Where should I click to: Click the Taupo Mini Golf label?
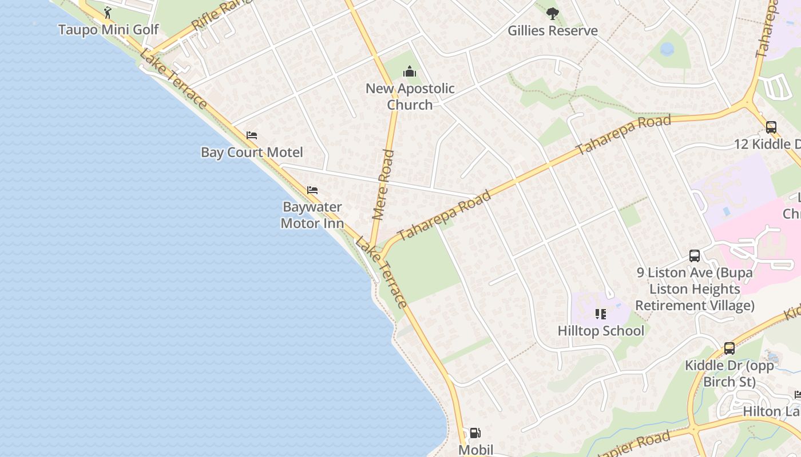pos(108,29)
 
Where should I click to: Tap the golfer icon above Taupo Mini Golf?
pos(108,13)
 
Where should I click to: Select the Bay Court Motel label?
pos(252,153)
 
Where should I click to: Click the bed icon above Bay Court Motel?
pos(252,135)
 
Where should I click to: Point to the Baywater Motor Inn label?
pos(312,215)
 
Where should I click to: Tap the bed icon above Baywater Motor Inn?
pos(312,190)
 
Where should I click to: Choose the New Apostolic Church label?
pos(410,97)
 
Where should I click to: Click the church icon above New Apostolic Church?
pos(410,71)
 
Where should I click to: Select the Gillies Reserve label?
pos(553,31)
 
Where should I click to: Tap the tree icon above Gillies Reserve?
pos(552,13)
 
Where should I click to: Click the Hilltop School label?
pos(601,331)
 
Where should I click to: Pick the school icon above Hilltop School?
pos(600,314)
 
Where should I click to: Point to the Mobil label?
pos(475,450)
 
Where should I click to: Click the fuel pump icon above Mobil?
pos(475,434)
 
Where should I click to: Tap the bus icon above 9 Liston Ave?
pos(695,256)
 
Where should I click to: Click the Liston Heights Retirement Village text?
pos(695,297)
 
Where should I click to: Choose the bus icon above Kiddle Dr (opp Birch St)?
pos(729,348)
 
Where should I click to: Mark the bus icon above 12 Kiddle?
pos(771,127)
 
